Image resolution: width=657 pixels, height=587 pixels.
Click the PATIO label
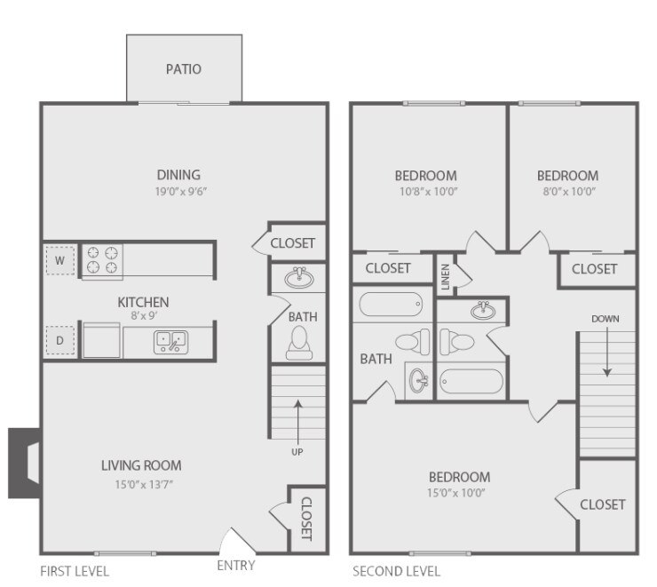(184, 69)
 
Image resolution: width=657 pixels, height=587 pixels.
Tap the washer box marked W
(60, 261)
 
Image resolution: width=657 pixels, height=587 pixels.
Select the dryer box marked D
(60, 339)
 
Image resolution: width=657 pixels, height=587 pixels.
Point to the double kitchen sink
(170, 340)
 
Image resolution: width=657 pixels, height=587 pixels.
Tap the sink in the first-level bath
(298, 278)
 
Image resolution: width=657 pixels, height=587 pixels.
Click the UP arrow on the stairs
(297, 417)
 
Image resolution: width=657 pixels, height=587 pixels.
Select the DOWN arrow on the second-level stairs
(607, 355)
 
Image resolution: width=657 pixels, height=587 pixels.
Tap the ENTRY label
(235, 565)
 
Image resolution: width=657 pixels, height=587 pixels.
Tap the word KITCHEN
(143, 302)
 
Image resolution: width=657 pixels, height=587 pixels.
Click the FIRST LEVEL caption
(75, 571)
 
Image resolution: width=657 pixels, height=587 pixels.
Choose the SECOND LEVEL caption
(396, 571)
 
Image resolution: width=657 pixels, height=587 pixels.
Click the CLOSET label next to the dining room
(292, 242)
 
